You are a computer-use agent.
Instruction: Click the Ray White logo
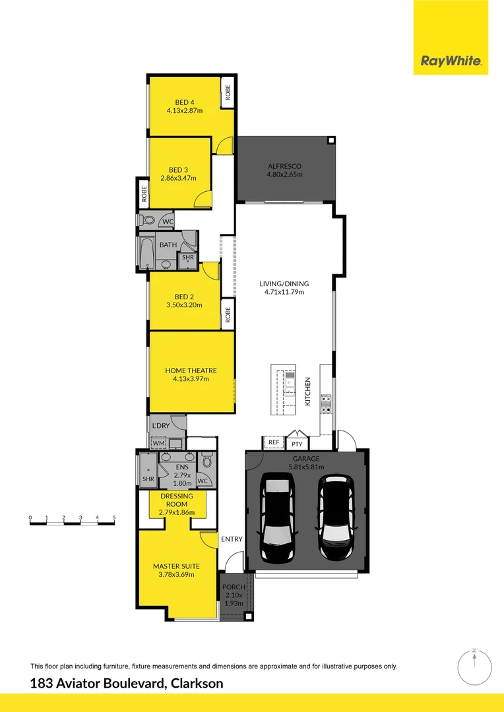pos(451,62)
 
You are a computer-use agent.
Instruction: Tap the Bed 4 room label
pos(185,102)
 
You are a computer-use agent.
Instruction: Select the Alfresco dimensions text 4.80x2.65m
pos(284,175)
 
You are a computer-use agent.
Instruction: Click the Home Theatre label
pos(191,371)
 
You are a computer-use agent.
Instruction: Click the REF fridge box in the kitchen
pos(274,442)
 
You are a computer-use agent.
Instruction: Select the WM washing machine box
pos(158,444)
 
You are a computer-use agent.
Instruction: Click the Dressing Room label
pos(176,500)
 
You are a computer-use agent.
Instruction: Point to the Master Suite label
pos(176,566)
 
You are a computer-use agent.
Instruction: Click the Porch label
pos(234,587)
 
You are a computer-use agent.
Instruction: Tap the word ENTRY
pos(232,539)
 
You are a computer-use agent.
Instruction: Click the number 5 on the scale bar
pos(114,518)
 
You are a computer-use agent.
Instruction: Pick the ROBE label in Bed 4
pos(228,92)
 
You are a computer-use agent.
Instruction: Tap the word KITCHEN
pos(307,392)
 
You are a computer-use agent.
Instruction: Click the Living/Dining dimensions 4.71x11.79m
pos(284,292)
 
